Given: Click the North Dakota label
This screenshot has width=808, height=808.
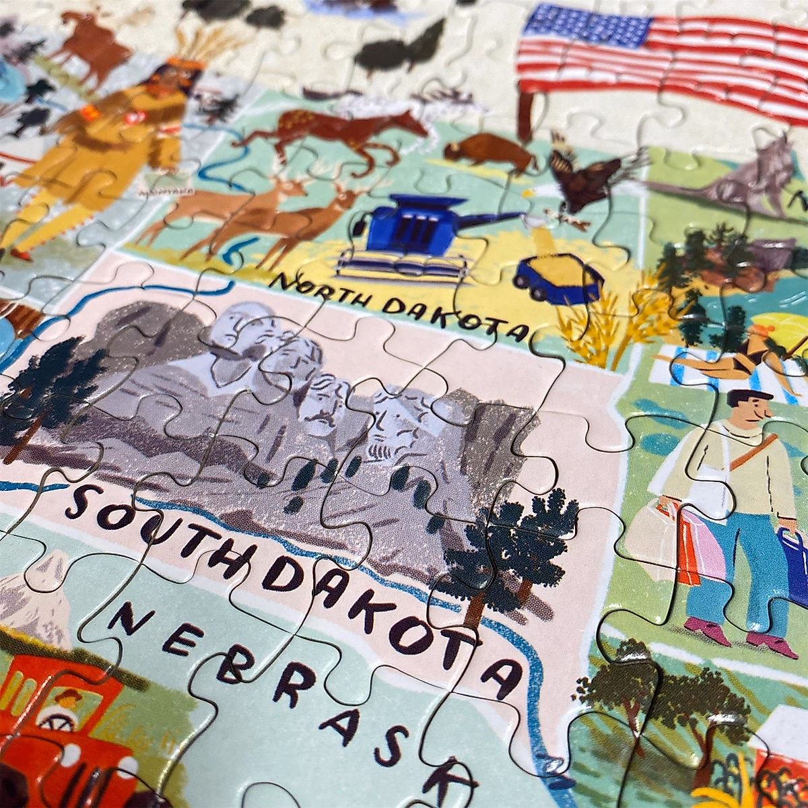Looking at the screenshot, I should point(397,306).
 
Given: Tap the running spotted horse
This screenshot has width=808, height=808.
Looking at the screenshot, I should point(337,131).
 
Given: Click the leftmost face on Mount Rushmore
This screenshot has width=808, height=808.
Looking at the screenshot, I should point(242,333).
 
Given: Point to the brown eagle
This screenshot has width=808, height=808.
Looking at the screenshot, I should point(586,178).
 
